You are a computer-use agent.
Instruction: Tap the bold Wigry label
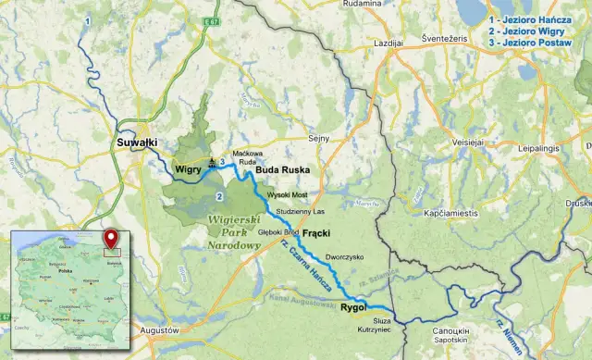pyautogui.click(x=189, y=169)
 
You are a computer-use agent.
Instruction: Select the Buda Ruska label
pyautogui.click(x=282, y=170)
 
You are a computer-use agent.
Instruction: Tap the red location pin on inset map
pyautogui.click(x=112, y=236)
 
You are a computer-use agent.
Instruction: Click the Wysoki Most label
pyautogui.click(x=286, y=195)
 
